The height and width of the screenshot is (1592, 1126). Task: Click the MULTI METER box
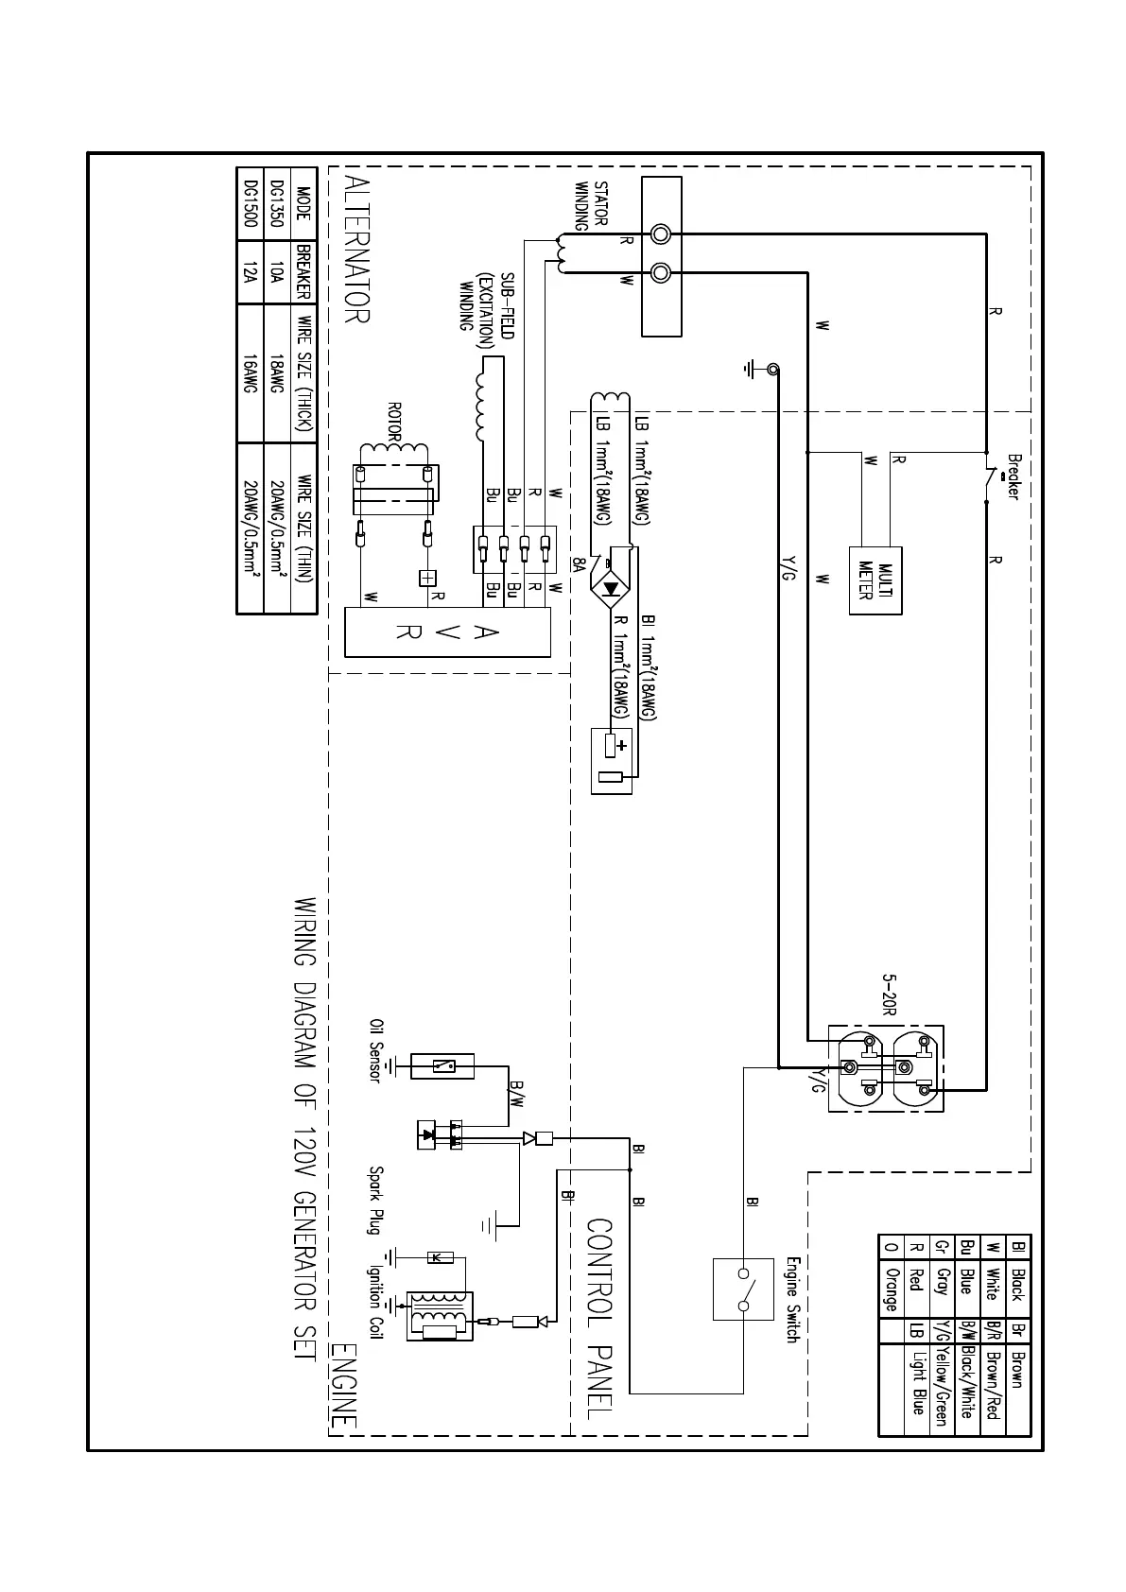(875, 580)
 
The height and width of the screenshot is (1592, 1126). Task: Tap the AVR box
(447, 632)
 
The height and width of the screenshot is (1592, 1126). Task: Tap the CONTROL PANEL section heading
(602, 1319)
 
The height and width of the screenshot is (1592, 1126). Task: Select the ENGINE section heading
(344, 1386)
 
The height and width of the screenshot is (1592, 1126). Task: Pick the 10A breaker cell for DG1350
(275, 273)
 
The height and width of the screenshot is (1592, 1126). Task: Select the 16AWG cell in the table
(250, 373)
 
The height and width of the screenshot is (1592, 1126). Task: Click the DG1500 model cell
(250, 202)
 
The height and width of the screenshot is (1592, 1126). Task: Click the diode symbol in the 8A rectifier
(612, 588)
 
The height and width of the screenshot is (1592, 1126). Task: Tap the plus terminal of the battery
(620, 745)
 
